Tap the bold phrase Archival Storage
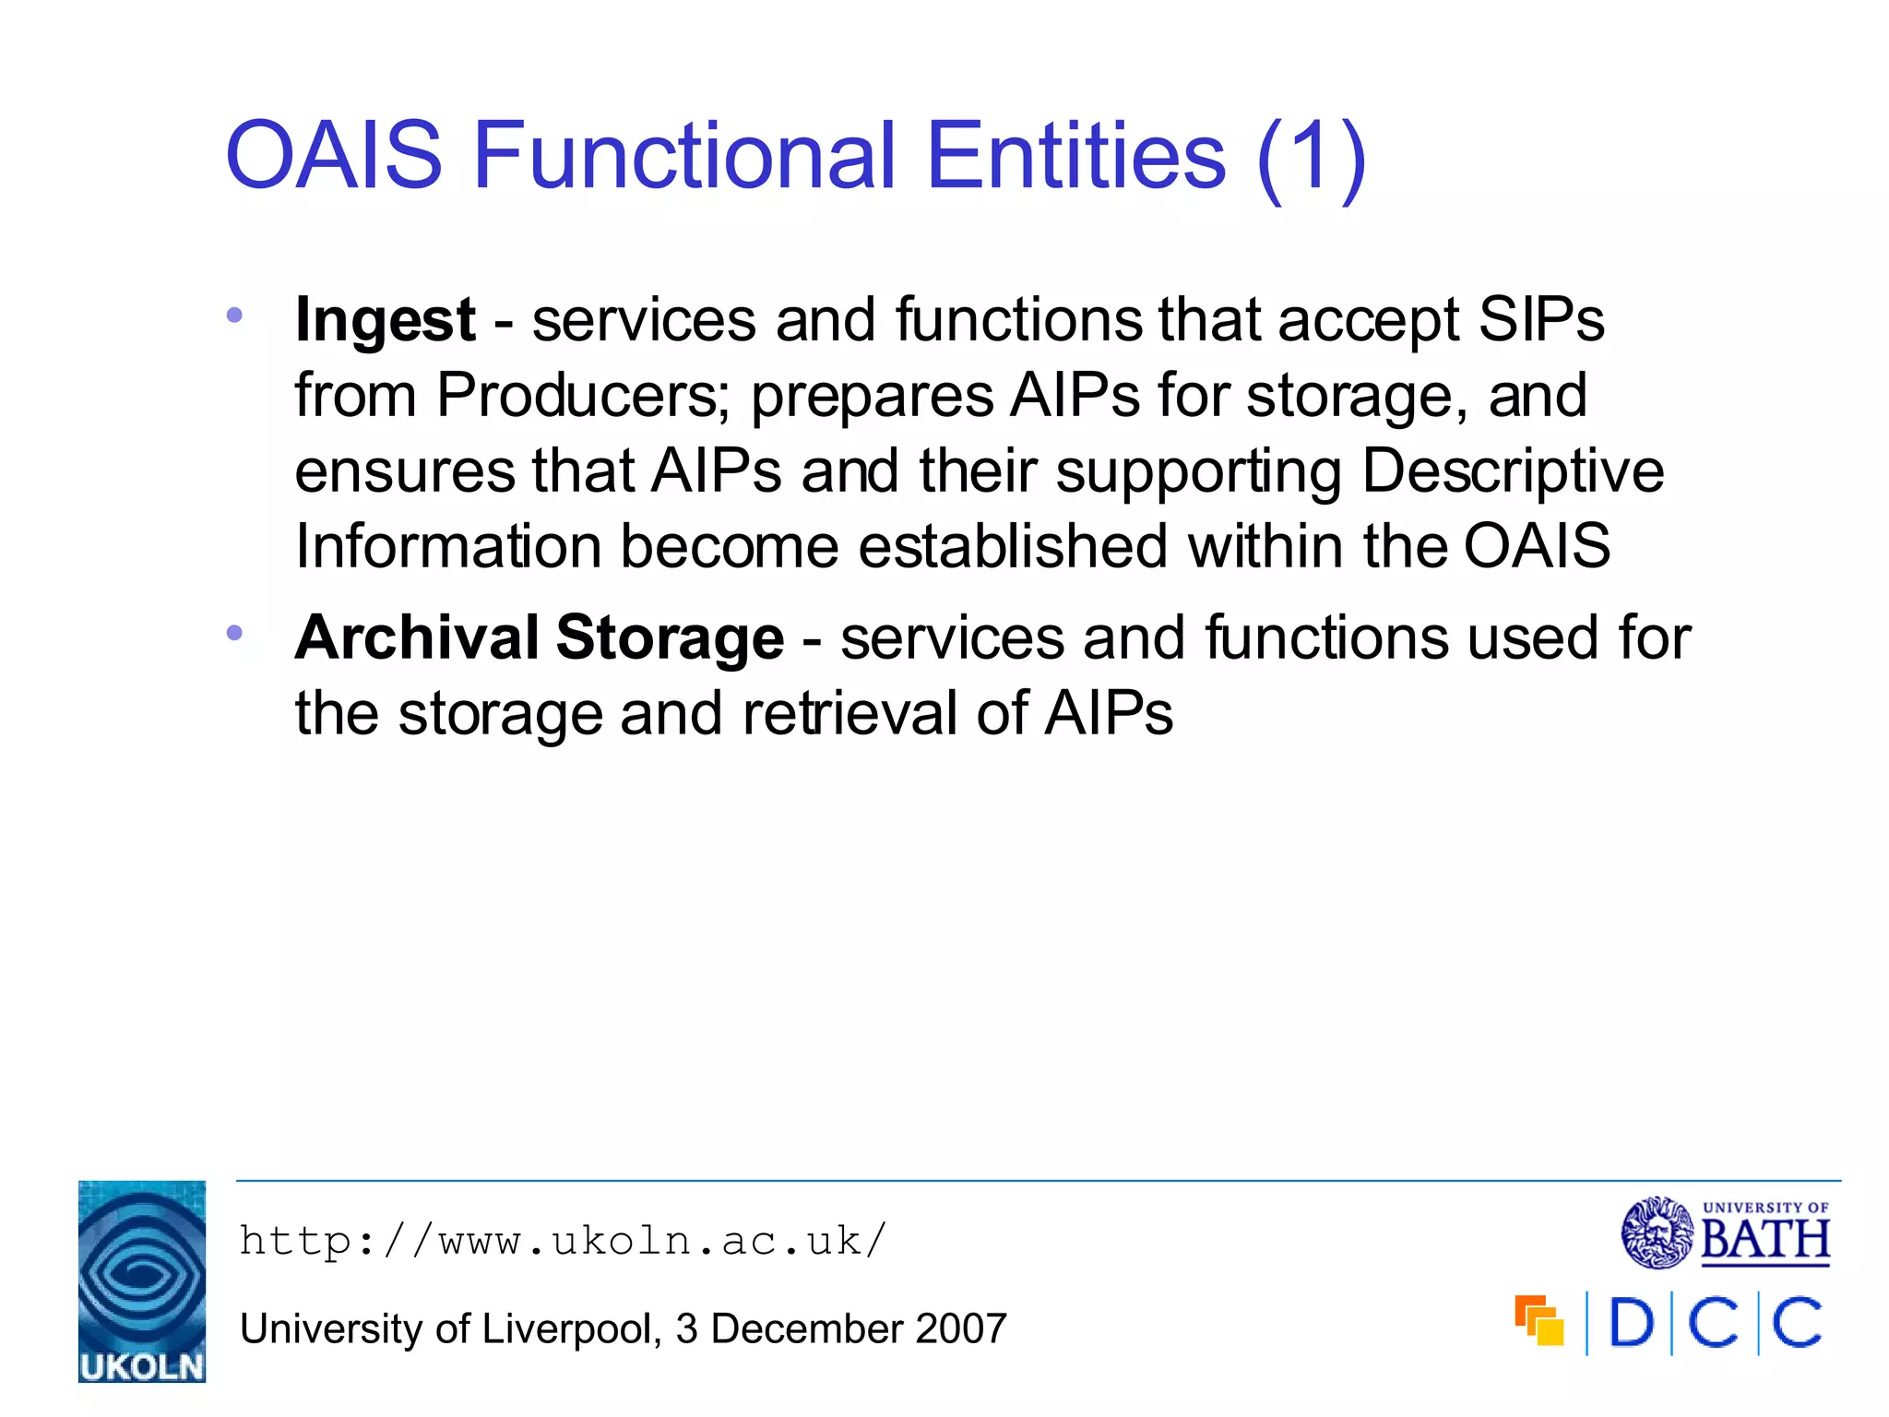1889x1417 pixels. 540,638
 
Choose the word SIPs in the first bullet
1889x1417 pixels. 1541,320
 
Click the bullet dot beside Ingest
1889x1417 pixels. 234,316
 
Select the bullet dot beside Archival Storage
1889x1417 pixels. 234,633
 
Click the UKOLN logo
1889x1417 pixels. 142,1281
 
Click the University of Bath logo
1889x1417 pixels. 1725,1232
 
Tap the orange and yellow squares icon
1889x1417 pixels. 1539,1321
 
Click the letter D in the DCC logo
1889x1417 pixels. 1632,1323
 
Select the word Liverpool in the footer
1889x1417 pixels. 567,1329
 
